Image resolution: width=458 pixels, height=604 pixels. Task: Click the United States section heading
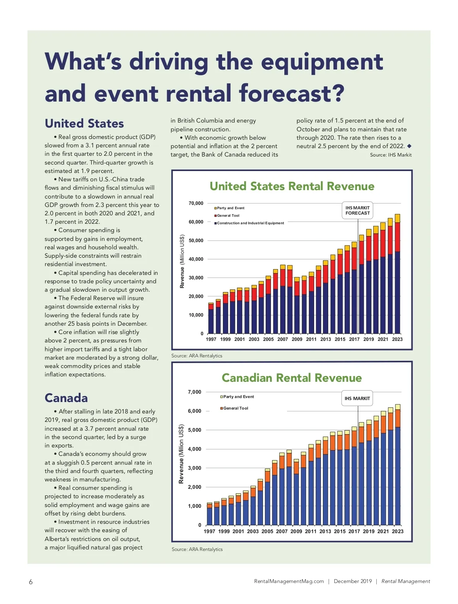point(84,123)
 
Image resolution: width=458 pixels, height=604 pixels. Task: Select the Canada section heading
point(66,398)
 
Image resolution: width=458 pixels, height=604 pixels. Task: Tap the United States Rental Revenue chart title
point(292,186)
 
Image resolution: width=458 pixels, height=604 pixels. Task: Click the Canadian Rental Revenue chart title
point(292,378)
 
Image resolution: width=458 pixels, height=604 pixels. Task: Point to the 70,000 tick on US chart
point(196,203)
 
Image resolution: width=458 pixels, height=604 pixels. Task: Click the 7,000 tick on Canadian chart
point(194,392)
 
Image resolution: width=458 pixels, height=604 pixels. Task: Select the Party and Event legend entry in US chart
point(231,208)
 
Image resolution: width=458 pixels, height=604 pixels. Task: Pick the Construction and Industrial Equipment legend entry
point(250,223)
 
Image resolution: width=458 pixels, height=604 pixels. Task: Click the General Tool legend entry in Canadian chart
point(235,409)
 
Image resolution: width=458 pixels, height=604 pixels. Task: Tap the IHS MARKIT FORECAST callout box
point(358,211)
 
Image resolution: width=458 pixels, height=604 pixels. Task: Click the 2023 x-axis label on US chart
point(397,339)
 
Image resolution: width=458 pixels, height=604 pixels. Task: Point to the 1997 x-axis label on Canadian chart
point(210,531)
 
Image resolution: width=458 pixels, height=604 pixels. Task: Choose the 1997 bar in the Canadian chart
point(210,514)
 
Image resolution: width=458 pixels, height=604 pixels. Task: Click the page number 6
point(31,582)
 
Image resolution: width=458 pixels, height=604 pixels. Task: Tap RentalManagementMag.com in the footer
point(289,581)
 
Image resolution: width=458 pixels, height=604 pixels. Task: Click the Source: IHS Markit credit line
point(391,155)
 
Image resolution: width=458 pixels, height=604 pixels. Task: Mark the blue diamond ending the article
point(409,146)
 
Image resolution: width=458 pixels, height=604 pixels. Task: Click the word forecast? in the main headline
point(292,94)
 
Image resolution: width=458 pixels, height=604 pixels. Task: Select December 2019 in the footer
point(353,581)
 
